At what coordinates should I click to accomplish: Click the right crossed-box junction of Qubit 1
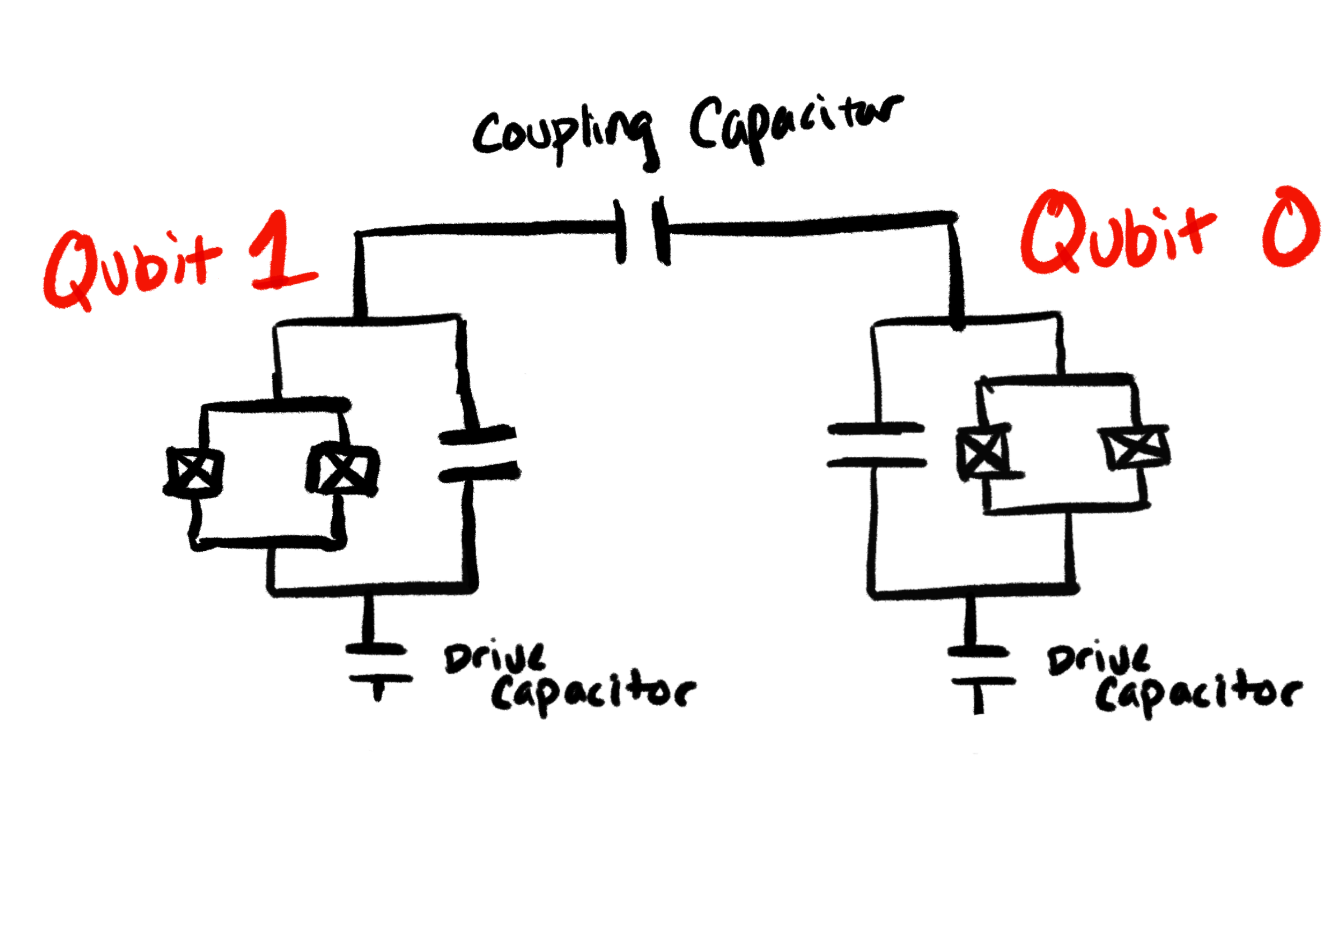point(343,469)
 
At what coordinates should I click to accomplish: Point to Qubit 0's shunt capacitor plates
point(876,446)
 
